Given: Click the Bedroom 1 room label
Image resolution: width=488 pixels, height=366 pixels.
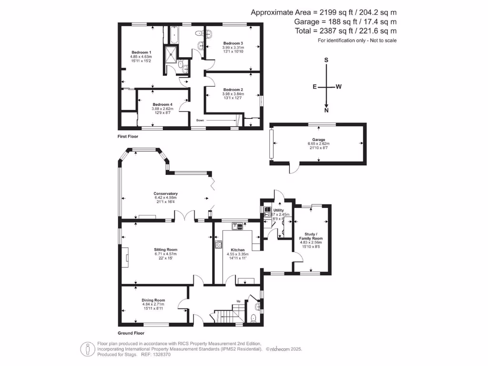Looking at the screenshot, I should point(141,52).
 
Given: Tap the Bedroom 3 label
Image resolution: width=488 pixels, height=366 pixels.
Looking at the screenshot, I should point(233,43).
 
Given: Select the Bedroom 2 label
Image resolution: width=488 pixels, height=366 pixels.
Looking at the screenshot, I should point(233,90).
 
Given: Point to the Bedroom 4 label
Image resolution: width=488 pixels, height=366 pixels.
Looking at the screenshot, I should point(163,104).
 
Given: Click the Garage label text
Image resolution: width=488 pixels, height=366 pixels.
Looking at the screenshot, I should point(318,140).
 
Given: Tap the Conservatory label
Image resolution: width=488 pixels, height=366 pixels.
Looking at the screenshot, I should point(165,193).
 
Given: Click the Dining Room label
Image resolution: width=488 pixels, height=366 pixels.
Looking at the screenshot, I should point(153,300).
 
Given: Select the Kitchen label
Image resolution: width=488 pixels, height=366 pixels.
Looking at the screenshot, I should point(238,250).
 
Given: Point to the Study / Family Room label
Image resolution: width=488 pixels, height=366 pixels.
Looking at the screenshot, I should point(311,236).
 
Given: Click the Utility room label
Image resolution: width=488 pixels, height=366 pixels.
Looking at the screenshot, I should point(279,210).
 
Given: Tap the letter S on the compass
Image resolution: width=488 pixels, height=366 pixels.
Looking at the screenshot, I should point(326,61).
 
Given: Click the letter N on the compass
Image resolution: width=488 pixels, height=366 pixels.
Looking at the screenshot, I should point(326,111).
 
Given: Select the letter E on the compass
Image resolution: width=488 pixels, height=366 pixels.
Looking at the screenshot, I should point(315,87).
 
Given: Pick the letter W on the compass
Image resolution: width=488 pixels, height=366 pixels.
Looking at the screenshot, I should point(338,87).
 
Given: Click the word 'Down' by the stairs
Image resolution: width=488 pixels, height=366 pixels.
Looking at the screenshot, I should point(200,120).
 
